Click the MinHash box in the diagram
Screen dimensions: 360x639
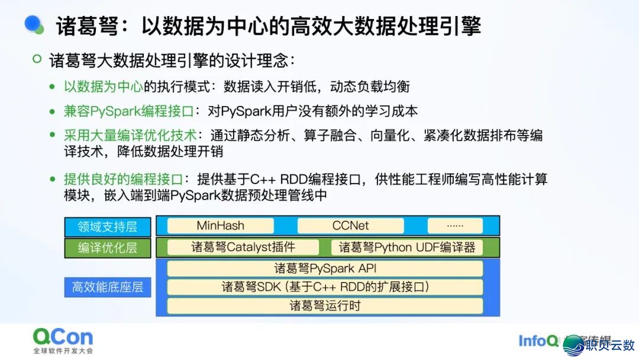pyautogui.click(x=220, y=226)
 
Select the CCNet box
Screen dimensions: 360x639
pyautogui.click(x=350, y=226)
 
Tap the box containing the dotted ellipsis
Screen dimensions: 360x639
pyautogui.click(x=454, y=226)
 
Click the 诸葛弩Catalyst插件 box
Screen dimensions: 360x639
pyautogui.click(x=243, y=247)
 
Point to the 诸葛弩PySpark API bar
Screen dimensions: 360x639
pyautogui.click(x=325, y=268)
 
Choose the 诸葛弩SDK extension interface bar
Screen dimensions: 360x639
pyautogui.click(x=325, y=287)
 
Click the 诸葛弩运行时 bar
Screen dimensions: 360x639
pyautogui.click(x=325, y=306)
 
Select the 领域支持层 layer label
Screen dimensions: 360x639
pyautogui.click(x=107, y=227)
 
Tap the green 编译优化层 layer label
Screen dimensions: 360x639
pyautogui.click(x=107, y=248)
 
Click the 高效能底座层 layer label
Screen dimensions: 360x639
pyautogui.click(x=107, y=288)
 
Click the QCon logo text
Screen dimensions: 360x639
pyautogui.click(x=63, y=337)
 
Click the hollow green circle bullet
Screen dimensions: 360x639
pyautogui.click(x=37, y=59)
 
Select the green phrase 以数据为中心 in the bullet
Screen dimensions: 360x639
pyautogui.click(x=103, y=86)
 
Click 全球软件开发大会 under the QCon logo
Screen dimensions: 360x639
pyautogui.click(x=63, y=351)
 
